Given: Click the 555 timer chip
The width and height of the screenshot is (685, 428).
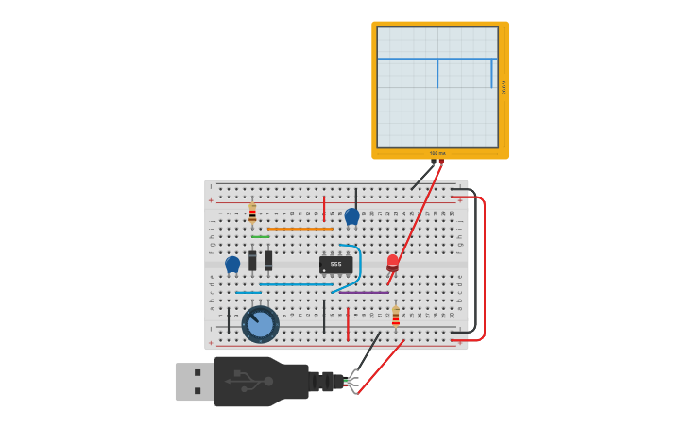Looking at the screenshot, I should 335,265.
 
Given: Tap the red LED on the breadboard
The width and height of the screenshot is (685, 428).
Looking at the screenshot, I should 393,261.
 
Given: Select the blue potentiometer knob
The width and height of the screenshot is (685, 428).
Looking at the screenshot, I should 260,324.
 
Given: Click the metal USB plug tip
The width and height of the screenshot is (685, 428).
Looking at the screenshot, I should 194,382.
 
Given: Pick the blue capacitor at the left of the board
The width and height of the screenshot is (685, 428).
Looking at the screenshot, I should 232,264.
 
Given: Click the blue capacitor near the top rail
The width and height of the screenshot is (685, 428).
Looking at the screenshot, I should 351,216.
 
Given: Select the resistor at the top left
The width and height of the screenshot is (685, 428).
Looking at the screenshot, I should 252,213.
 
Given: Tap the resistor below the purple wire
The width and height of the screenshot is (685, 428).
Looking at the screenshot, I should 395,316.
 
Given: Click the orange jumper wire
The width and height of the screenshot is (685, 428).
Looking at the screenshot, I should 300,229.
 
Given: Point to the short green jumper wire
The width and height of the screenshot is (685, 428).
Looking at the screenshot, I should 260,236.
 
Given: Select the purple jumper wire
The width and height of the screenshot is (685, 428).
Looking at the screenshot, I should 364,293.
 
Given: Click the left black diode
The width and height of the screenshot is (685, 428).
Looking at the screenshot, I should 252,260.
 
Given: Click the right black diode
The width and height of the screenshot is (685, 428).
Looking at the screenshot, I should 268,260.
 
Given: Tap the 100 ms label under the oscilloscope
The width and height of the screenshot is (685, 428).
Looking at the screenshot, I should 437,153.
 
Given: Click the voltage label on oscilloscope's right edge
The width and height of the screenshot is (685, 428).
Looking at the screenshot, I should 504,87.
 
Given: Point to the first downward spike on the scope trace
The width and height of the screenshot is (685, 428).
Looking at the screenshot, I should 437,74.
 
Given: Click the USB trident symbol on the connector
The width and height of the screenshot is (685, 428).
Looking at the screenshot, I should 248,381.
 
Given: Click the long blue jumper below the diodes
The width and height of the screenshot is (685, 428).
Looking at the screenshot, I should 296,284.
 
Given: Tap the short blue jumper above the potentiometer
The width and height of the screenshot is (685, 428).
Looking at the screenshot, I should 248,293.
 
